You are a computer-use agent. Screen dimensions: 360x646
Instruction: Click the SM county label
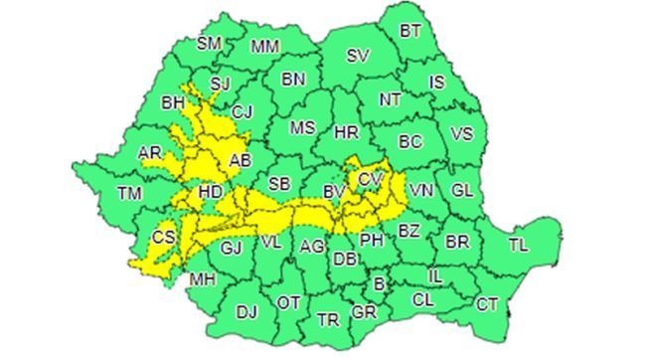(x=209, y=44)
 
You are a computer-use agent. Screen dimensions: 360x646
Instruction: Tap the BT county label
(x=410, y=31)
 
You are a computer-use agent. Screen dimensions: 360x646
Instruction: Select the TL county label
(x=518, y=245)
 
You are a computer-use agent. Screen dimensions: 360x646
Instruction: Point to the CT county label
(x=487, y=305)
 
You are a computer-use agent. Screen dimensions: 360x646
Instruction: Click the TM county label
(x=129, y=193)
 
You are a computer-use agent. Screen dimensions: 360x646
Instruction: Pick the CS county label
(x=164, y=238)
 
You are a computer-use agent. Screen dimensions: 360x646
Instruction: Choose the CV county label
(x=370, y=179)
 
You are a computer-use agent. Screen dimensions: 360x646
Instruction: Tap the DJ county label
(x=246, y=312)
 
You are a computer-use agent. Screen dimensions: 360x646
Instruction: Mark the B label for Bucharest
(x=377, y=284)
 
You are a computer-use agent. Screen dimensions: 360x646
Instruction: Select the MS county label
(x=302, y=128)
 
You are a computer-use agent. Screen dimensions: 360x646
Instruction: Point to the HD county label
(x=211, y=189)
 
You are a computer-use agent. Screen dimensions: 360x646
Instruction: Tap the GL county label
(x=462, y=190)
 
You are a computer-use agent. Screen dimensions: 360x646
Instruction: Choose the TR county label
(x=327, y=319)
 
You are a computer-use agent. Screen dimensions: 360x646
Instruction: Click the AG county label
(x=311, y=246)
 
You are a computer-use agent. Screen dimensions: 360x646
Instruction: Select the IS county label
(x=437, y=83)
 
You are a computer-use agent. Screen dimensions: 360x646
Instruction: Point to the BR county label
(x=457, y=242)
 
